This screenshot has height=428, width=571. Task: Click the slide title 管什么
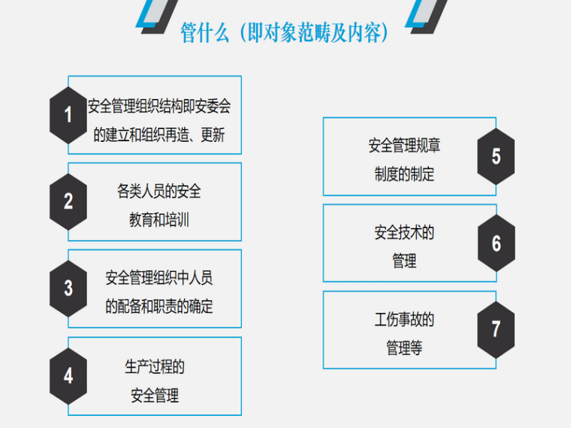pos(285,33)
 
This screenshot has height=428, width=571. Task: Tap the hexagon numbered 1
pos(68,115)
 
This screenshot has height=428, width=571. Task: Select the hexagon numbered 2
pos(68,201)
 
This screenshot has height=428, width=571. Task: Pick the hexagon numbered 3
pos(68,288)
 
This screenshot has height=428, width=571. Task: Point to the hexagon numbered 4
pos(68,375)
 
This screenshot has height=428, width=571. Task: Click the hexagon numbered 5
pos(496,156)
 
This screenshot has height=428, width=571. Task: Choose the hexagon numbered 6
pos(496,243)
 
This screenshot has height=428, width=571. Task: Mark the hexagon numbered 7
pos(496,330)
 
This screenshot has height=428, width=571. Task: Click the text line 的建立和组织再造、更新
pos(159,136)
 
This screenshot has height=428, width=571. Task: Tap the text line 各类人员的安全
pos(159,191)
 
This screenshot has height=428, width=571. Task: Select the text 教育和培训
pos(159,221)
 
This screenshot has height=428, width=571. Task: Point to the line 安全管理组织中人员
pos(159,278)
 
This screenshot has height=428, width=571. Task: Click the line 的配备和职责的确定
pos(159,307)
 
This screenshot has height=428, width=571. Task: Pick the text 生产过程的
pos(155,366)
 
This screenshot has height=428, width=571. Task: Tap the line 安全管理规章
pos(404,146)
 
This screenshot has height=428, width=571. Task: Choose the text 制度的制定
pos(404,175)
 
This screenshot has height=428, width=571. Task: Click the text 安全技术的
pos(404,233)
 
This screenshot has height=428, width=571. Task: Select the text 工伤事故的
pos(404,320)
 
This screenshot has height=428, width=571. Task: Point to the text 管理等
pos(404,348)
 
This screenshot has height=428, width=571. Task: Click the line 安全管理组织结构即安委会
pos(159,107)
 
